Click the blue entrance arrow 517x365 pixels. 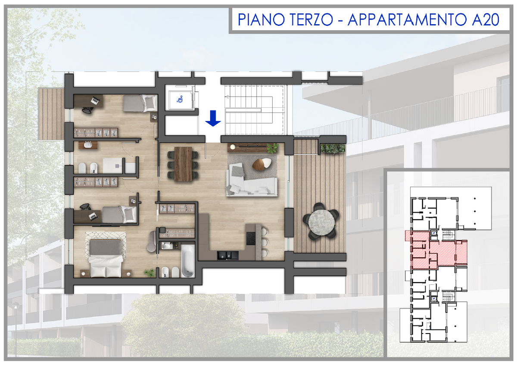[x=213, y=118]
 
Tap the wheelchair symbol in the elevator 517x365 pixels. [x=180, y=99]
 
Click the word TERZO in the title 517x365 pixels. [x=311, y=20]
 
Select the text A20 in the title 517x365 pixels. [x=486, y=20]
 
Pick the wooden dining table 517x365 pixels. [x=183, y=164]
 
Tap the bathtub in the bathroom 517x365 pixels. [x=188, y=261]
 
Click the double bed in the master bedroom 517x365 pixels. [x=106, y=258]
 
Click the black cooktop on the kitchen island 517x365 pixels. [x=251, y=238]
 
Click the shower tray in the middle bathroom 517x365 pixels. [x=112, y=165]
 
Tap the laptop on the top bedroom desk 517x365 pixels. [x=95, y=100]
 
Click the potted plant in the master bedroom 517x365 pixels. [x=149, y=272]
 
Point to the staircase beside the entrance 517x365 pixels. [x=254, y=110]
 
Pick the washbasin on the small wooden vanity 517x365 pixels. [x=88, y=145]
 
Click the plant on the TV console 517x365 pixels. [x=273, y=148]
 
